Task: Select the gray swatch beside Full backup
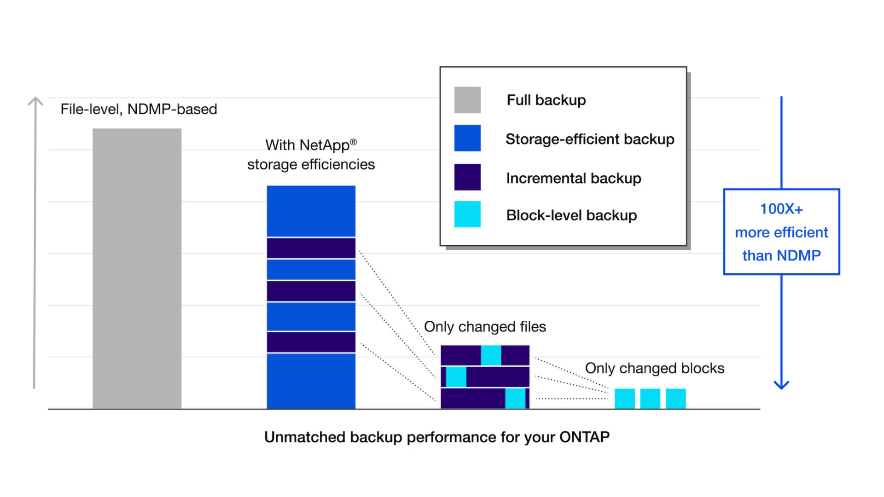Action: click(x=467, y=100)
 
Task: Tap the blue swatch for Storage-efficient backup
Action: click(x=467, y=138)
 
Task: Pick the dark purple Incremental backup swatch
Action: click(x=467, y=177)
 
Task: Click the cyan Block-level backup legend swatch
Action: click(x=467, y=214)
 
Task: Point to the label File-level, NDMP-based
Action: click(x=139, y=110)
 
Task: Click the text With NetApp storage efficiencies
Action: click(x=311, y=155)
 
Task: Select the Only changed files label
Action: click(x=485, y=327)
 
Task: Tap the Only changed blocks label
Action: click(x=654, y=368)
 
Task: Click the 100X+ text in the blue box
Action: click(x=781, y=209)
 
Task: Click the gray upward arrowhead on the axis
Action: click(x=35, y=101)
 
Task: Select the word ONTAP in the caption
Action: click(x=584, y=437)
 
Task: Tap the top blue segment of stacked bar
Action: click(x=311, y=211)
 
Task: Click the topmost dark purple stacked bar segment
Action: click(x=311, y=248)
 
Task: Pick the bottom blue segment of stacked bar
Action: click(x=311, y=381)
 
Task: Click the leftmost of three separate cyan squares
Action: click(x=624, y=399)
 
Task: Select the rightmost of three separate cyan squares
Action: click(x=675, y=399)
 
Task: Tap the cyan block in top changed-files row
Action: click(x=491, y=355)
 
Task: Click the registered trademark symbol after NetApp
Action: click(x=353, y=142)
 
